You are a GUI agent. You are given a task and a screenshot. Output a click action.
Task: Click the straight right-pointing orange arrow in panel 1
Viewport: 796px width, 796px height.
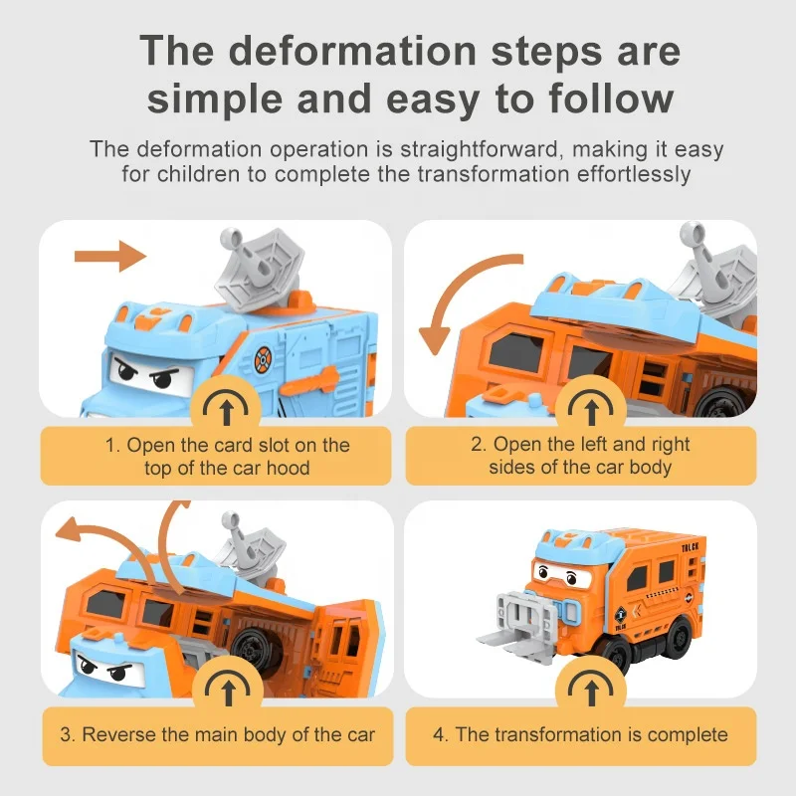109,256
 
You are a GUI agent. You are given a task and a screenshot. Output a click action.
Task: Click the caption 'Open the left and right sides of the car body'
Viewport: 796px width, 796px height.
580,456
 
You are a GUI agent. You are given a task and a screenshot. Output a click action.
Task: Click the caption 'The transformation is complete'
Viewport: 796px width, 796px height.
580,735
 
